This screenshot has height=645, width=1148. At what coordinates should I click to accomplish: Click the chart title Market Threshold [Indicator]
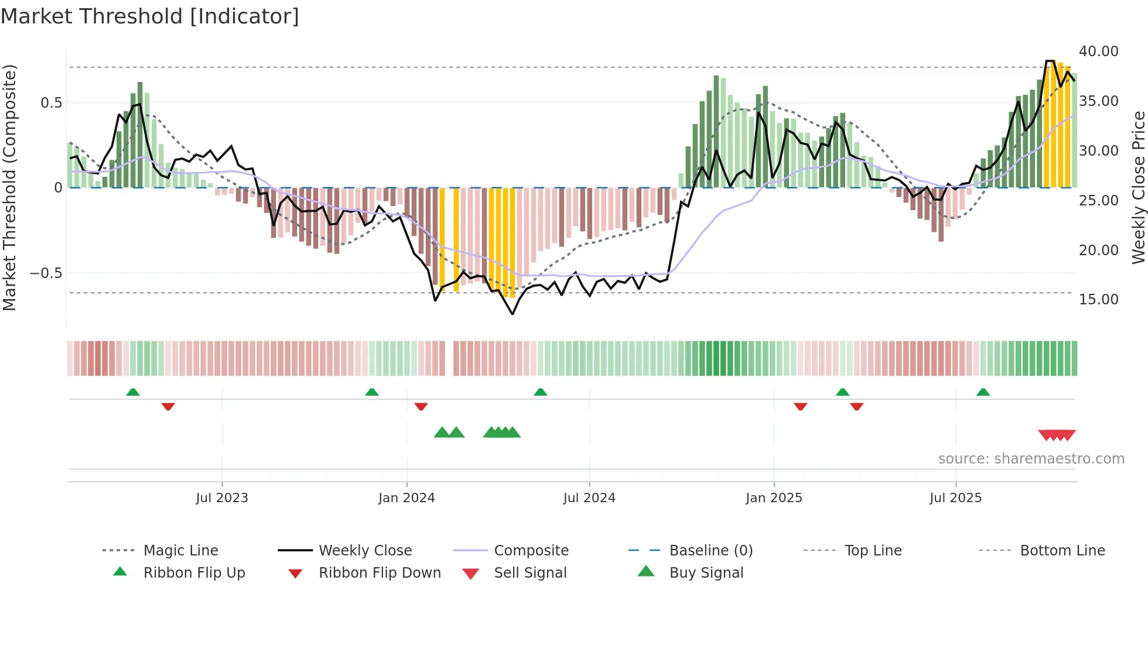[150, 16]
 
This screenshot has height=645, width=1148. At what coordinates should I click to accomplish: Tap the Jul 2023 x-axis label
[222, 498]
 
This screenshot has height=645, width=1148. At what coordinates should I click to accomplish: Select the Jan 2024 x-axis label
[406, 498]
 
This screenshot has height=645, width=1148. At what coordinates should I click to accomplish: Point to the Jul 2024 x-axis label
[589, 498]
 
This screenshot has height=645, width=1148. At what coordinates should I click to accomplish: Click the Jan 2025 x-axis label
[774, 498]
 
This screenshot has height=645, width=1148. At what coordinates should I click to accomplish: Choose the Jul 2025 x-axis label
[955, 498]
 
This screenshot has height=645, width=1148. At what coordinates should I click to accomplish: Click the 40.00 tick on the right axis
[1098, 52]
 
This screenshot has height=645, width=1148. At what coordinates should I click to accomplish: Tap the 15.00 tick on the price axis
[1098, 300]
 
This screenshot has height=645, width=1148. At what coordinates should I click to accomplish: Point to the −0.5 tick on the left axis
[46, 273]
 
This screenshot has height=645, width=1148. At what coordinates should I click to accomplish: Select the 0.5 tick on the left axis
[51, 103]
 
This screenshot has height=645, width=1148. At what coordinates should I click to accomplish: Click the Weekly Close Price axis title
[1138, 187]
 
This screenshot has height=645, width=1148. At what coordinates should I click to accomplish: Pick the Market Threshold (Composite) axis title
[9, 187]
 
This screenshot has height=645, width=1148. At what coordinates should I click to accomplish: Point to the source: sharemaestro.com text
[1031, 459]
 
